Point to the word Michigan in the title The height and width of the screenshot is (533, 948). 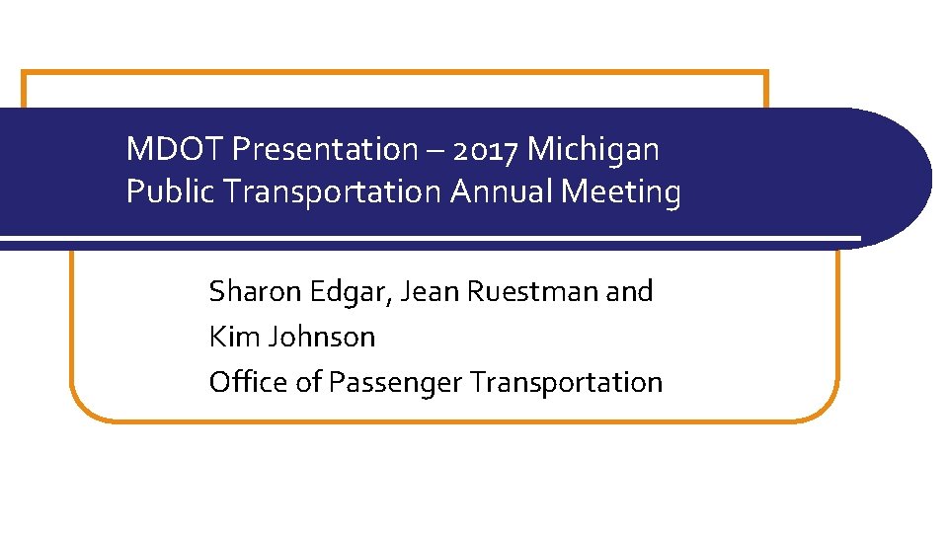point(593,150)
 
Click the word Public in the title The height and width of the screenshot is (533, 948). point(171,191)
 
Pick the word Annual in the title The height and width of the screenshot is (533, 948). point(502,191)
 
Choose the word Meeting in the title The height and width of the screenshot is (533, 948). point(621,191)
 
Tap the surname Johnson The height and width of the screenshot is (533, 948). point(318,337)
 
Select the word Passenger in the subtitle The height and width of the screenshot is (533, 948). point(395,382)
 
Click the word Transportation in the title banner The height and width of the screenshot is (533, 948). point(334,191)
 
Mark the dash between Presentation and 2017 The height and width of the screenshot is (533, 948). point(436,151)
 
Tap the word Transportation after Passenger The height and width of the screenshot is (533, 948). point(566,382)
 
